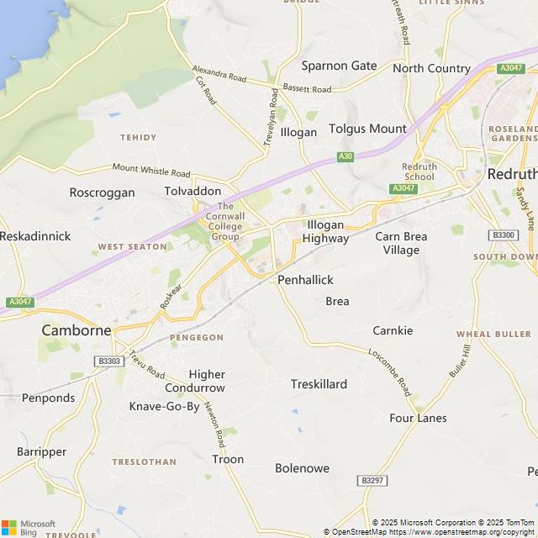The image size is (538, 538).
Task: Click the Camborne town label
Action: tap(76, 330)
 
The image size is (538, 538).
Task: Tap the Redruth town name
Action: tap(511, 174)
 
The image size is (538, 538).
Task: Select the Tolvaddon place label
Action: tap(193, 191)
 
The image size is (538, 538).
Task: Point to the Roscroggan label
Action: tap(102, 193)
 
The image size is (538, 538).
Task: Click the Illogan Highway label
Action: tap(326, 231)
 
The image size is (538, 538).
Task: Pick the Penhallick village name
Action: tap(305, 280)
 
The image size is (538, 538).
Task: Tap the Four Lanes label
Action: tap(418, 418)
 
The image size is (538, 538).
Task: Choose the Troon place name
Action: tap(228, 459)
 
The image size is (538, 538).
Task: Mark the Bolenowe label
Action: tap(302, 468)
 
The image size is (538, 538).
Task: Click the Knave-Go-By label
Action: tap(164, 407)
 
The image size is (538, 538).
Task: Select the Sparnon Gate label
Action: tap(340, 66)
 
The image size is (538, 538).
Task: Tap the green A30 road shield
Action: tap(345, 156)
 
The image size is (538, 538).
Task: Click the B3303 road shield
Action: tap(109, 361)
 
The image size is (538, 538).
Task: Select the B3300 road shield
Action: tap(504, 235)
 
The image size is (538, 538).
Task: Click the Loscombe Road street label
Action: tap(389, 372)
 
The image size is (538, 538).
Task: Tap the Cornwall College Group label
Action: tap(225, 221)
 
